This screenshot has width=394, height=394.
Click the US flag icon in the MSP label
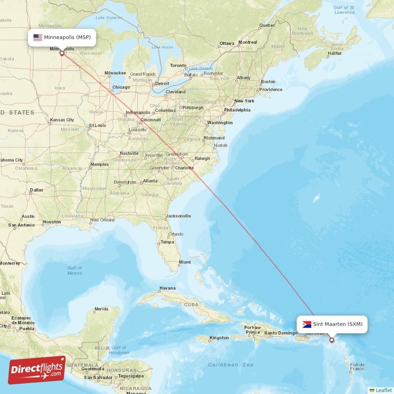click(x=37, y=37)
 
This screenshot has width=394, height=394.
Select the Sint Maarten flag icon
click(x=307, y=324)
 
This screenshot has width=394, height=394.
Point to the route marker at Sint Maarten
click(x=331, y=340)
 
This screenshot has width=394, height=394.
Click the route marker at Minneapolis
click(x=62, y=53)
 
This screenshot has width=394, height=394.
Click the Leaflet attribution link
click(x=383, y=390)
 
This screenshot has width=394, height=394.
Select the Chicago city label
click(x=121, y=88)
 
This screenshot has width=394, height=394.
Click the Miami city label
click(x=185, y=262)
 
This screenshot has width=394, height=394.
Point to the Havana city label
click(x=167, y=289)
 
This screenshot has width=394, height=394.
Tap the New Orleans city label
click(x=102, y=220)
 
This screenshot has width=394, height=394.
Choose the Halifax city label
click(x=334, y=53)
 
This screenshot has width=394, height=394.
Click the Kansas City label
click(x=62, y=120)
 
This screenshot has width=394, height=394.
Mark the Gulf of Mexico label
click(x=75, y=270)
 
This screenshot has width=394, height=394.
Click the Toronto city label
click(x=178, y=66)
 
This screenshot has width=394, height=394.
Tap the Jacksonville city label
click(x=178, y=216)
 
